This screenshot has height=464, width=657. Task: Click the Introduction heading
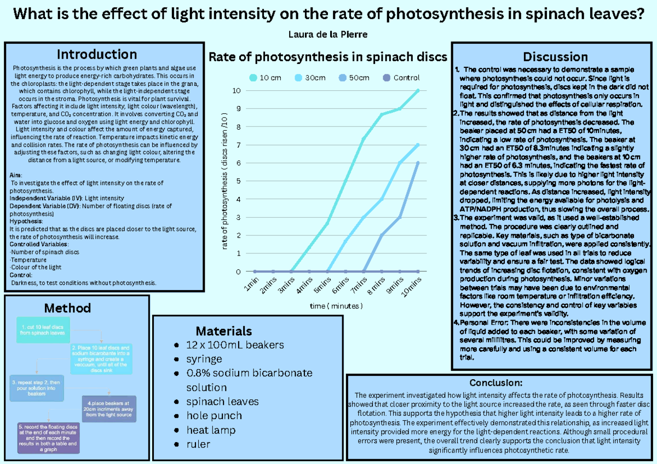point(97,54)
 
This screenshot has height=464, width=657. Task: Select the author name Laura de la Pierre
point(328,34)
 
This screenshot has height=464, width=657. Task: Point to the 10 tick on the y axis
point(236,91)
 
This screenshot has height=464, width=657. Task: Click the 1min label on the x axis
point(251,285)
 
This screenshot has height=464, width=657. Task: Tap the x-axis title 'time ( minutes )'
point(336,306)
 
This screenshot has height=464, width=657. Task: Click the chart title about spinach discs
point(328,57)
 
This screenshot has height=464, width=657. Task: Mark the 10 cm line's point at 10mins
point(418,91)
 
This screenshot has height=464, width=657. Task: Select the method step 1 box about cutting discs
point(42,330)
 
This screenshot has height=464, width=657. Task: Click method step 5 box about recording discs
point(49,438)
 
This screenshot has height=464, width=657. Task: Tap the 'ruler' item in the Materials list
point(198,444)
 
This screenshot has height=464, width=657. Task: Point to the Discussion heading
point(555,56)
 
